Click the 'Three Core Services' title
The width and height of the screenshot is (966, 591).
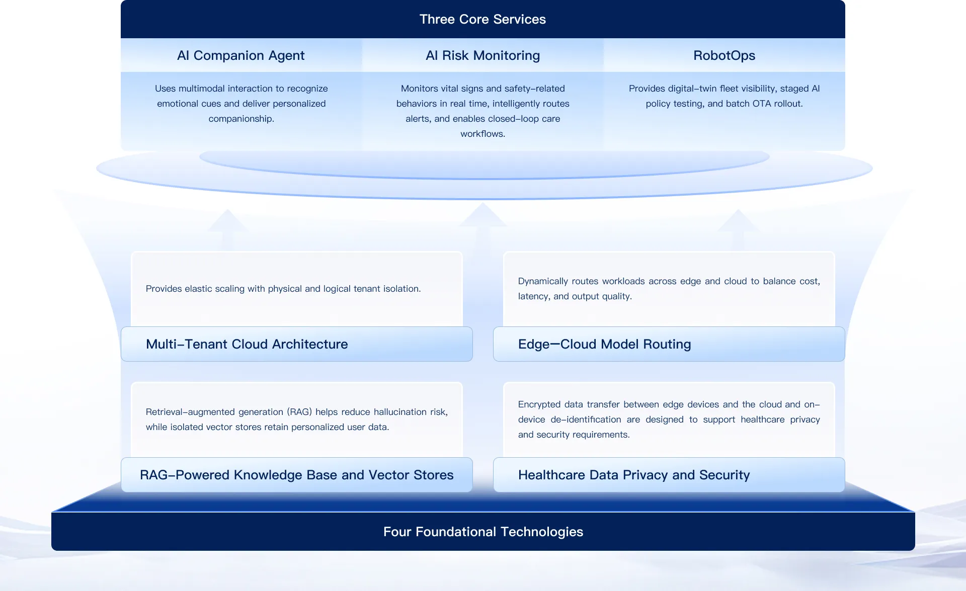(482, 19)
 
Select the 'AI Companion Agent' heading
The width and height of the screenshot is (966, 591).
(241, 55)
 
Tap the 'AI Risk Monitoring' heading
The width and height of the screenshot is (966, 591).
(482, 55)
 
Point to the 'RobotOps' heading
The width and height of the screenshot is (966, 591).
(724, 55)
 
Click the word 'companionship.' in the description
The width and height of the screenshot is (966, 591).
(241, 119)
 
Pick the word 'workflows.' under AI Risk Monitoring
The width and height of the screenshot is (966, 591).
(482, 134)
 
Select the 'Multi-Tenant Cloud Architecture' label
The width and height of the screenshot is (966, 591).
(247, 344)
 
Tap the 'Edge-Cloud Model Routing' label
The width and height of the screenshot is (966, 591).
(605, 344)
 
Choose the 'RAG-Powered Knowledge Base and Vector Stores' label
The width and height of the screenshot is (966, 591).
(297, 475)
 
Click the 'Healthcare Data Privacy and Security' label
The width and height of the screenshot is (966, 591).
(634, 475)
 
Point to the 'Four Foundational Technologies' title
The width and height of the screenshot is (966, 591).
(483, 532)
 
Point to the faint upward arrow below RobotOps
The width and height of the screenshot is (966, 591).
(738, 229)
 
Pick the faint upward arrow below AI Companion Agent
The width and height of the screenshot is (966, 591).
(227, 229)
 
